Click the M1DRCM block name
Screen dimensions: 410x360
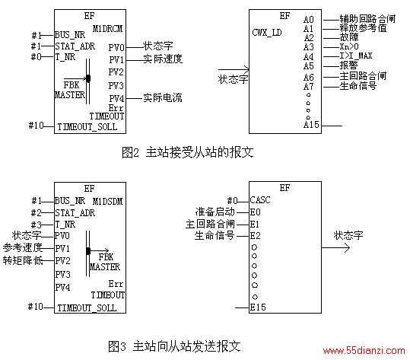pos(107,28)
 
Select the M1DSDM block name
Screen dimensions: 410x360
pos(107,201)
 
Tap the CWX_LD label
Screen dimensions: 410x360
pos(267,33)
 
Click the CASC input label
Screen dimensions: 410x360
pos(260,200)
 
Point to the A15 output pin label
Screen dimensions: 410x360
pos(311,125)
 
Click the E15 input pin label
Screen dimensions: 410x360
pos(258,307)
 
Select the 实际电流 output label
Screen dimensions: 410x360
pos(162,97)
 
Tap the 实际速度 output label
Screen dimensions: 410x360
pos(162,59)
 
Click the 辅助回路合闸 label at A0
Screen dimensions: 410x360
pos(367,19)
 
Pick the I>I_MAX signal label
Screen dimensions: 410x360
pos(356,56)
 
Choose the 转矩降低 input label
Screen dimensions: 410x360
pos(23,260)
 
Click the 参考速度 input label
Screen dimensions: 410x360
pos(23,247)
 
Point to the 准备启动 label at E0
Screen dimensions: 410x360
pos(215,212)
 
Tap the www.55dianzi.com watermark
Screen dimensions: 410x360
pos(364,351)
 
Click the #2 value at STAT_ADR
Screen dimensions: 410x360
pos(36,213)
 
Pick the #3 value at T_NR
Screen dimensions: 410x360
pos(36,225)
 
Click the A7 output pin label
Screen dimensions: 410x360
pos(309,86)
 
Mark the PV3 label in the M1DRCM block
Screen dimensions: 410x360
pos(116,85)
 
